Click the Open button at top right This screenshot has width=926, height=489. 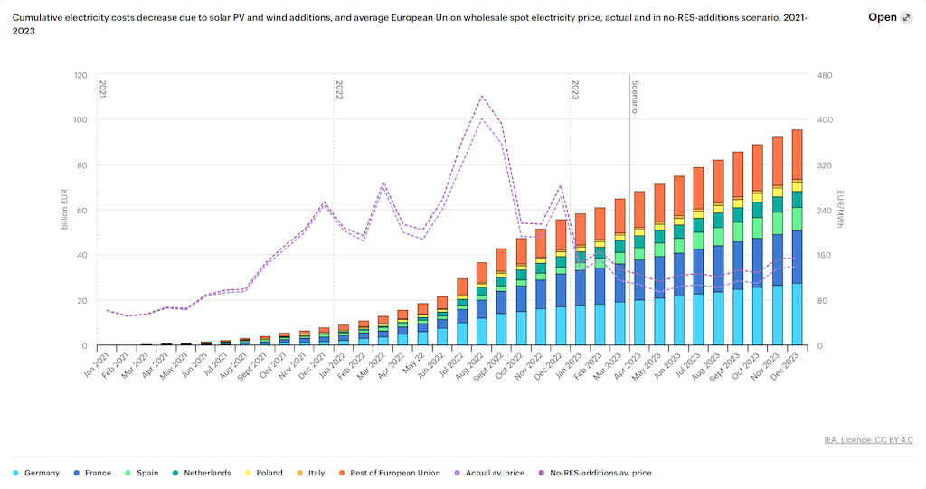[890, 17]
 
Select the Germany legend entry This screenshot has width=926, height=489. [36, 473]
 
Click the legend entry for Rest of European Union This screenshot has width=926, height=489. [389, 473]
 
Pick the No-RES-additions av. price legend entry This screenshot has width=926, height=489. [595, 473]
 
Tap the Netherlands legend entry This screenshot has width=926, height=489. [202, 473]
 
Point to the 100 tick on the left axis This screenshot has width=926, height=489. [80, 119]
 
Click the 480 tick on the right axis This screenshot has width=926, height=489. [825, 75]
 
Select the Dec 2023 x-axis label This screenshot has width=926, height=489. [786, 366]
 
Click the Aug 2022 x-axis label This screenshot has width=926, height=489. [470, 366]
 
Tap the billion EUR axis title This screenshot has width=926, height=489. [64, 209]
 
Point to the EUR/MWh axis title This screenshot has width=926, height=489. [840, 209]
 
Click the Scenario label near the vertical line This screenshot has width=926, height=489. [636, 97]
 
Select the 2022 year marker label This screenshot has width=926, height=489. [340, 89]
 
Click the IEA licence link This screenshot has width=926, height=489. [868, 440]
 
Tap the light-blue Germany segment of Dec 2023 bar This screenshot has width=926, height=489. [797, 315]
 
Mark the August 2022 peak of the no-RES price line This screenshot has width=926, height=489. [482, 96]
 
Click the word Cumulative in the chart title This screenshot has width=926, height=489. [36, 18]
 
